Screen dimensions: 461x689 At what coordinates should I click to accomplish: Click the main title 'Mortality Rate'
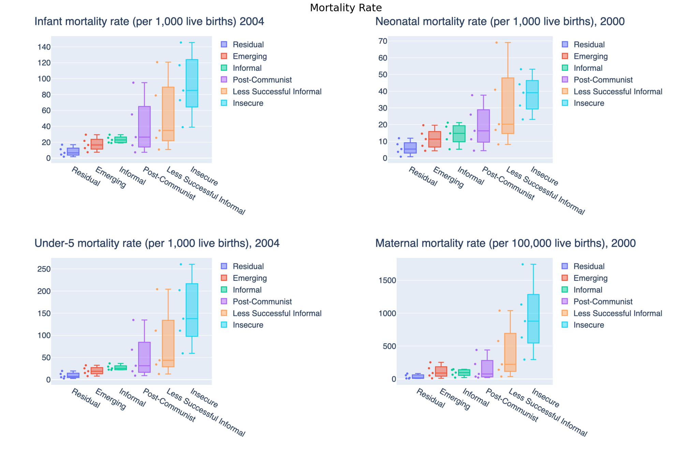pyautogui.click(x=346, y=8)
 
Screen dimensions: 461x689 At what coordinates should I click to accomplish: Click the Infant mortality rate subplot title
pyautogui.click(x=149, y=21)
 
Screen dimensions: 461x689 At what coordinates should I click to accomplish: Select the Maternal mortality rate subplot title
pyautogui.click(x=505, y=243)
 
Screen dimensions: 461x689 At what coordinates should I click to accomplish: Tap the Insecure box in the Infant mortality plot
pyautogui.click(x=192, y=83)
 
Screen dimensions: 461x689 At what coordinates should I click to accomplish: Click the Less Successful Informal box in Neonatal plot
pyautogui.click(x=508, y=106)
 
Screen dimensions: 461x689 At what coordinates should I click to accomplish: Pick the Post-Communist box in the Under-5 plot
pyautogui.click(x=144, y=357)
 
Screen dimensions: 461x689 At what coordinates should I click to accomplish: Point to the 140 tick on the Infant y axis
pyautogui.click(x=44, y=47)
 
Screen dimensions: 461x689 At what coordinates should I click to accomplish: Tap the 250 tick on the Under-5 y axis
pyautogui.click(x=44, y=269)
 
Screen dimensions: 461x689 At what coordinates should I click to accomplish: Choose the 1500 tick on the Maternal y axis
pyautogui.click(x=387, y=280)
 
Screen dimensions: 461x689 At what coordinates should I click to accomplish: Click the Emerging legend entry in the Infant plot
pyautogui.click(x=249, y=56)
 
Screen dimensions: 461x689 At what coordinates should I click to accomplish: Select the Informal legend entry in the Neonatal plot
pyautogui.click(x=588, y=68)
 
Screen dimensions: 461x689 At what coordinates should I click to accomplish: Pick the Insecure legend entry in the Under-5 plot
pyautogui.click(x=248, y=325)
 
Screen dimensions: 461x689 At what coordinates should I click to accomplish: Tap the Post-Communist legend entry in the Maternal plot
pyautogui.click(x=603, y=302)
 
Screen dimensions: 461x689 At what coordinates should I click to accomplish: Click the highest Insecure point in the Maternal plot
pyautogui.click(x=523, y=264)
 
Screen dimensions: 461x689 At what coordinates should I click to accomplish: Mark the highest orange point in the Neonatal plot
pyautogui.click(x=496, y=43)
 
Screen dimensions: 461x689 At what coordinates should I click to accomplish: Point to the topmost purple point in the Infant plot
pyautogui.click(x=133, y=83)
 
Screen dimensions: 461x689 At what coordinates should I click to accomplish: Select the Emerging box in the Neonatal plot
pyautogui.click(x=435, y=139)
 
